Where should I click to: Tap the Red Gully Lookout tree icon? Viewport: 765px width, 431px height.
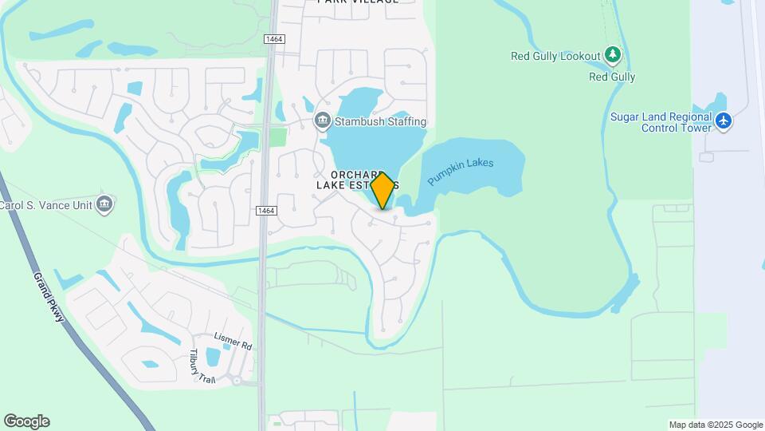tap(612, 56)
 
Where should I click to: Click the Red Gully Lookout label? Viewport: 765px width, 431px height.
tap(555, 57)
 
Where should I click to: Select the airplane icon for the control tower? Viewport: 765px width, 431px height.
tap(724, 121)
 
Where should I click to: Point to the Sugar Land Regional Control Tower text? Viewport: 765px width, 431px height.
tap(661, 122)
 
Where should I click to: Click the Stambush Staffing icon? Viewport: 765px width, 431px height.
tap(323, 121)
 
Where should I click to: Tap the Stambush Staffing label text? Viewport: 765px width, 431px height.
tap(380, 122)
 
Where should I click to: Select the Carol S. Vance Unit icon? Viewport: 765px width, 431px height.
tap(104, 204)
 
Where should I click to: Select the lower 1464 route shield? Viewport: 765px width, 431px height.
tap(266, 211)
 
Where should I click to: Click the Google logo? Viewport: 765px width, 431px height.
tap(26, 421)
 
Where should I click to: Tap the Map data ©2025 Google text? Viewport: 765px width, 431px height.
tap(715, 425)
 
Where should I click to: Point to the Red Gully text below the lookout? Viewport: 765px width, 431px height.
tap(612, 77)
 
